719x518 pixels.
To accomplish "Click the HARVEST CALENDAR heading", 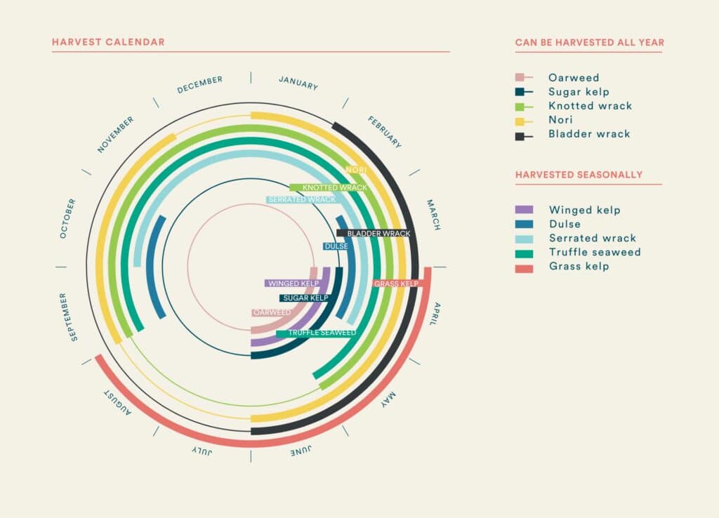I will pos(108,42).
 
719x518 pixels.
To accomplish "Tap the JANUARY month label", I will pos(298,82).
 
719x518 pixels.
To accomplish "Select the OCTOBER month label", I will pos(68,218).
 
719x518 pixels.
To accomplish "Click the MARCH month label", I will pos(433,215).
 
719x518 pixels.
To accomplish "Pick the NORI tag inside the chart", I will pos(356,170).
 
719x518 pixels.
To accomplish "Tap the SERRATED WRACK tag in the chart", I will pos(301,200).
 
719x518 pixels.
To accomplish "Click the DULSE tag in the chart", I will pos(336,246).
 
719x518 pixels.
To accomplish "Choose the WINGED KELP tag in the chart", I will pos(293,284).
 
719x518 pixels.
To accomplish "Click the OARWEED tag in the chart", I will pos(272,312).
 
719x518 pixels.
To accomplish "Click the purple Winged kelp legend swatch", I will pos(524,210).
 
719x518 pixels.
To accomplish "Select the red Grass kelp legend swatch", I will pos(524,267).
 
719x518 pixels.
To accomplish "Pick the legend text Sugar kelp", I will pos(579,92).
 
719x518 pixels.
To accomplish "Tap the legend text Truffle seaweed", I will pos(595,252).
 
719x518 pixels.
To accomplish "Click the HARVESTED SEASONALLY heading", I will pos(579,175).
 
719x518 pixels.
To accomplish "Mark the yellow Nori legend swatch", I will pos(520,120).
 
